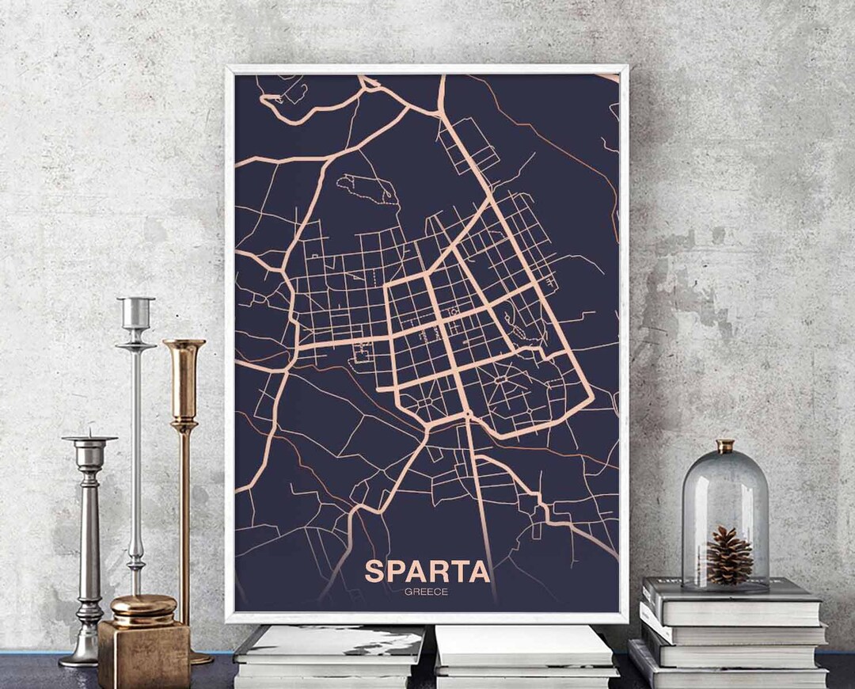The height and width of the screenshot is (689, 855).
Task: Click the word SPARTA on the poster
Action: click(427, 571)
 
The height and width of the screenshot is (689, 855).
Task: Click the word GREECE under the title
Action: click(426, 591)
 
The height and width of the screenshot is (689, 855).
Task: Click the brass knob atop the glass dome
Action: click(725, 446)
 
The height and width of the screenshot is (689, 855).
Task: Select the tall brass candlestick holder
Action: click(184, 443)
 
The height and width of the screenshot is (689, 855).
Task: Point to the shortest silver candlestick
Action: click(89, 546)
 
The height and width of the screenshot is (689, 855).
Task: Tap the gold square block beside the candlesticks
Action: click(144, 653)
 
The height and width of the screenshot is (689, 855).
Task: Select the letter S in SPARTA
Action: click(374, 571)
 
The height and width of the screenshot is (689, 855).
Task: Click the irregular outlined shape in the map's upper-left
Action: click(367, 188)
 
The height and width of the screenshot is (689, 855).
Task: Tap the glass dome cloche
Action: click(725, 515)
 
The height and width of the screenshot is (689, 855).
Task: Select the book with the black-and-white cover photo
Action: click(329, 643)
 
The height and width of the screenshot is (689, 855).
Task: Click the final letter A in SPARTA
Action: click(479, 571)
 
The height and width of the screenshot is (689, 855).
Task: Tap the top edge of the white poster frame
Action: click(427, 69)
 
